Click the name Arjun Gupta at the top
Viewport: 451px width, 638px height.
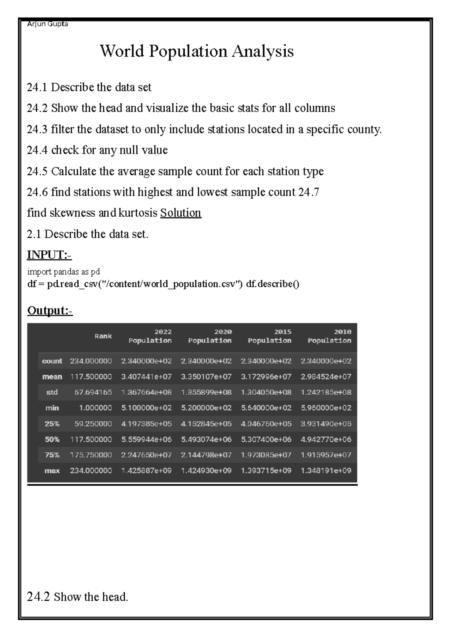click(47, 24)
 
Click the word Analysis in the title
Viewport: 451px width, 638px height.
click(262, 51)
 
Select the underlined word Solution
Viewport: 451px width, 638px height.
click(181, 213)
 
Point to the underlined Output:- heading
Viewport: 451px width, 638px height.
click(50, 311)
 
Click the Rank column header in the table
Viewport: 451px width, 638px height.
click(103, 336)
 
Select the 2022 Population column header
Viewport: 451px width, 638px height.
click(150, 336)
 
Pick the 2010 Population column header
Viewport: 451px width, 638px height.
click(330, 336)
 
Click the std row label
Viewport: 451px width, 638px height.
click(52, 392)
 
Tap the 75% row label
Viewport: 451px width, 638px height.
click(52, 455)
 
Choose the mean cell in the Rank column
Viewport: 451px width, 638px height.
click(91, 377)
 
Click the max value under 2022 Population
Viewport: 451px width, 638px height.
click(146, 471)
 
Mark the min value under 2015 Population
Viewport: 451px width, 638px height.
click(266, 408)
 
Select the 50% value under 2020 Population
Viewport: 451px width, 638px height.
click(206, 439)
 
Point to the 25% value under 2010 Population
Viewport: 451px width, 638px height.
click(326, 424)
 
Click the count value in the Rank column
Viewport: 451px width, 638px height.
click(91, 361)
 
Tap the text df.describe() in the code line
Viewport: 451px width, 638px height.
click(272, 284)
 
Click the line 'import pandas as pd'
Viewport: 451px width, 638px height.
click(64, 271)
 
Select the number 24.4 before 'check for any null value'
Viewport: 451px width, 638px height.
click(37, 150)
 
